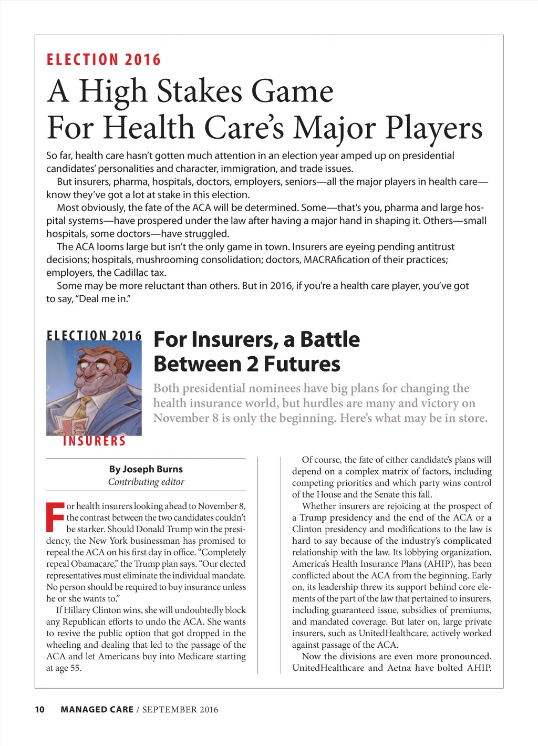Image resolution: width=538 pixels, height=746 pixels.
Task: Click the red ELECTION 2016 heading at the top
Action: [x=104, y=60]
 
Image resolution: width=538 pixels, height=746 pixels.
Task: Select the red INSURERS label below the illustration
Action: [x=95, y=441]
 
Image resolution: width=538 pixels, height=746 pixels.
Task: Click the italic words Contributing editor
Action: [x=146, y=482]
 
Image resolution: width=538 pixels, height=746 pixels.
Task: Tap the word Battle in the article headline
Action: [x=330, y=340]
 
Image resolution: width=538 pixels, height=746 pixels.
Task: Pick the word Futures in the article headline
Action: [x=302, y=364]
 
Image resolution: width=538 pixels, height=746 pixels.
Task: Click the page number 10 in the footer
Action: [x=40, y=709]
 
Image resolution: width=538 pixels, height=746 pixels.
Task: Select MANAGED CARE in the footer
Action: [x=97, y=709]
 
